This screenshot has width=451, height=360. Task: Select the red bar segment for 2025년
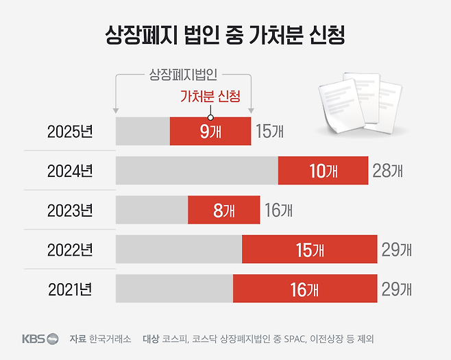[x=210, y=131]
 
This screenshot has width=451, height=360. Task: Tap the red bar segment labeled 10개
[x=323, y=171]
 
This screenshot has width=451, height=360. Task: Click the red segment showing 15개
[x=309, y=250]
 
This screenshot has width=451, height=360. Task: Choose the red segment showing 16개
[x=305, y=289]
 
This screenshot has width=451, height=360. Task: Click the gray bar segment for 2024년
[x=197, y=171]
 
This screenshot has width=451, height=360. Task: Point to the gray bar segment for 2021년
[x=174, y=289]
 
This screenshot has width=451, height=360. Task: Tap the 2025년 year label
[x=69, y=132]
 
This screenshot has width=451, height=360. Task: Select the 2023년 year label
[x=69, y=211]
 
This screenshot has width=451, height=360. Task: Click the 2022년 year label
[x=69, y=250]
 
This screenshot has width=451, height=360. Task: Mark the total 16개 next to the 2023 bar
[x=278, y=211]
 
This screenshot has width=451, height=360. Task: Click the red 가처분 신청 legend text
[x=210, y=97]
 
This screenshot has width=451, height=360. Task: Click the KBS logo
[x=40, y=339]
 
